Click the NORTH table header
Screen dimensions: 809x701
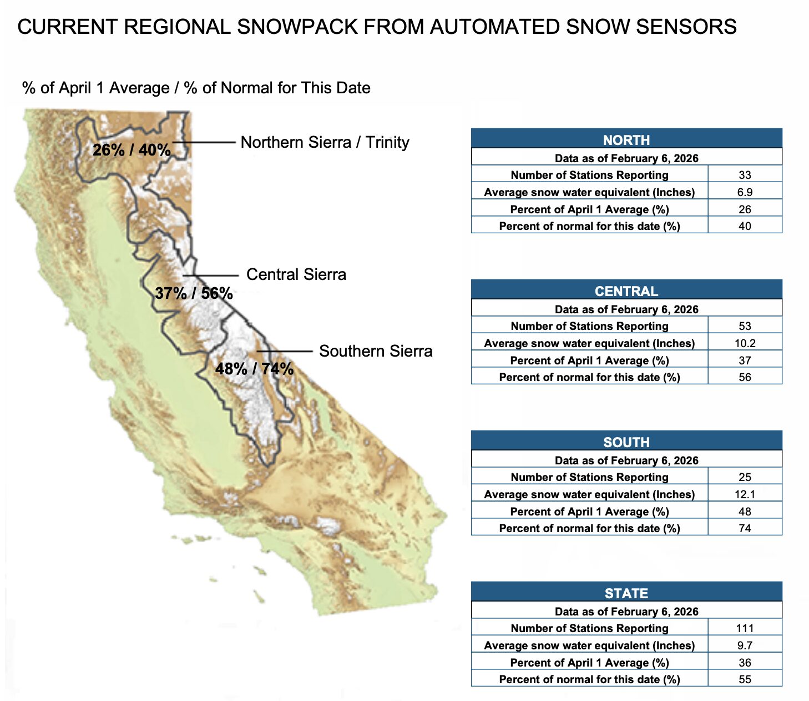(626, 140)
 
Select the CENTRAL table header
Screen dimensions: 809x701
(626, 291)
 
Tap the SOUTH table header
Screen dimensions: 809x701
(626, 442)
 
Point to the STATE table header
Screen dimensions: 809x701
(626, 593)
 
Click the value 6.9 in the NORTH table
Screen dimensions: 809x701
(745, 192)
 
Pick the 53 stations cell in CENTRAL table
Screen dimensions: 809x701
(745, 326)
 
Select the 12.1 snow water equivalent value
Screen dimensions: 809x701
(745, 494)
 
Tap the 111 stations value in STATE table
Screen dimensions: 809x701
(745, 628)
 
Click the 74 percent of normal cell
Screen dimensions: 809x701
(745, 528)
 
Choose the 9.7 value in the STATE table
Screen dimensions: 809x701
(745, 645)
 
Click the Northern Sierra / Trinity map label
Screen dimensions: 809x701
(325, 142)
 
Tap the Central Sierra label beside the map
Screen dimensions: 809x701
(296, 274)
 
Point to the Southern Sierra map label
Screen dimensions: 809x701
(376, 351)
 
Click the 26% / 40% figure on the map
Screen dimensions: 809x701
(132, 150)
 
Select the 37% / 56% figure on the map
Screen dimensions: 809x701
(194, 293)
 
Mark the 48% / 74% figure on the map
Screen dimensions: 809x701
(254, 369)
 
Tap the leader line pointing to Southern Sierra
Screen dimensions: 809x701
(285, 351)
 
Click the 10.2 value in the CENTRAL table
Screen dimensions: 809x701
(745, 343)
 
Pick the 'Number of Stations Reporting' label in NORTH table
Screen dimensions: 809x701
(589, 175)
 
